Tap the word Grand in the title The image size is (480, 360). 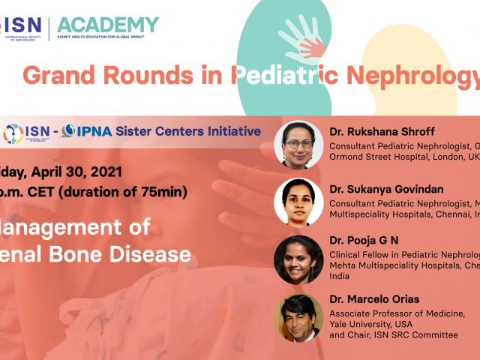[52, 75]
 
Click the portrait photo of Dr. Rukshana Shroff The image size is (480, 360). [298, 145]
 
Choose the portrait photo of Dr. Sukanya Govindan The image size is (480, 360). [298, 202]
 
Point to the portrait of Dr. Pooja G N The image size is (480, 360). [298, 259]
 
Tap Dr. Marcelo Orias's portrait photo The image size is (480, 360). [298, 317]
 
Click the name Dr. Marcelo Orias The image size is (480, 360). [375, 299]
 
